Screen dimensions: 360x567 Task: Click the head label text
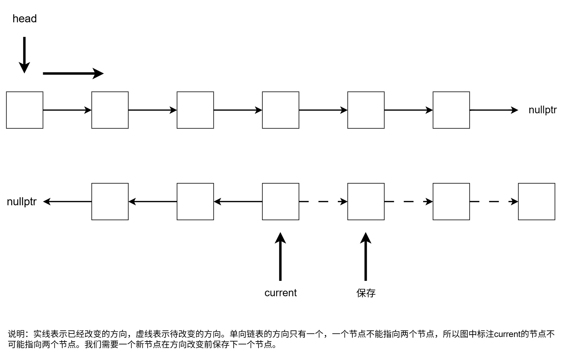(24, 18)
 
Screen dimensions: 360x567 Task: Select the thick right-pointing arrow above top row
(73, 74)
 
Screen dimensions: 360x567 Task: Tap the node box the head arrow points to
(25, 110)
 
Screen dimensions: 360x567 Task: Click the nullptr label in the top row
(542, 110)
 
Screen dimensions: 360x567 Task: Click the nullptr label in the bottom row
(22, 202)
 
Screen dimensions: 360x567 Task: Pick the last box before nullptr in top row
(451, 110)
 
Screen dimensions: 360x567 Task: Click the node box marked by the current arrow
(280, 201)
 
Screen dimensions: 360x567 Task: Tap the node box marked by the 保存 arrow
(366, 201)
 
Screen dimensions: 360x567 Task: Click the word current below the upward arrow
(280, 293)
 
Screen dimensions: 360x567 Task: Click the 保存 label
(366, 293)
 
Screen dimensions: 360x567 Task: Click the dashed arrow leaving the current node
(323, 201)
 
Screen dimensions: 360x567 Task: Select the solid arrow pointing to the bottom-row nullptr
(68, 201)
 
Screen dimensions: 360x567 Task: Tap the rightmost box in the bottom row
(536, 201)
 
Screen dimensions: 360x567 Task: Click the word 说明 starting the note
(16, 334)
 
